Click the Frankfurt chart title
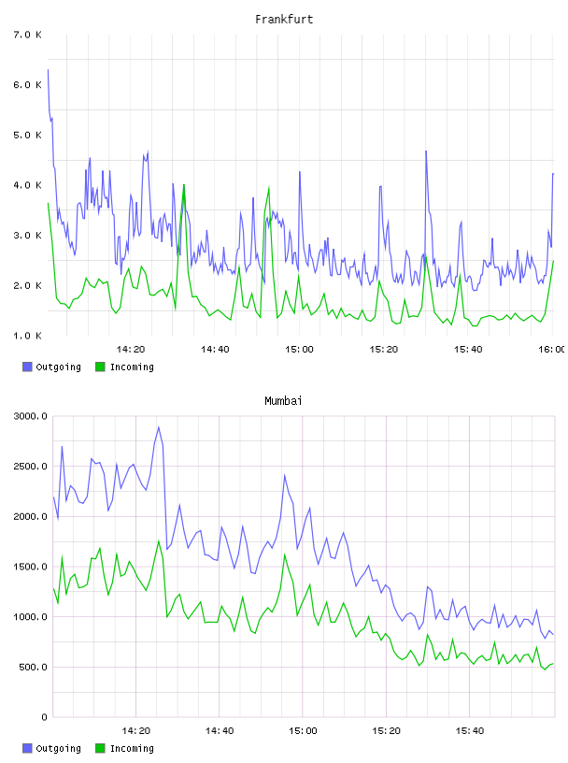coord(284,20)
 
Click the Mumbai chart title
coord(283,401)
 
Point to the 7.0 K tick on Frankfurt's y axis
coord(27,35)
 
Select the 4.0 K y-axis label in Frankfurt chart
coord(27,185)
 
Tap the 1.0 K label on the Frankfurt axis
coord(27,336)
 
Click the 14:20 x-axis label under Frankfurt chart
coord(131,349)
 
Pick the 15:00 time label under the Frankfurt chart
coord(299,349)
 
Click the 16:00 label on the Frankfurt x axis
coord(551,349)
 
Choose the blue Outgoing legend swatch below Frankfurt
coord(27,367)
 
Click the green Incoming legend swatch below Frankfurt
coord(100,367)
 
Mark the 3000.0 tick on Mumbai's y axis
coord(31,416)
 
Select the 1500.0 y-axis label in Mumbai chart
coord(31,567)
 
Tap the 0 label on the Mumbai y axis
coord(44,717)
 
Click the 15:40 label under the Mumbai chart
coord(470,730)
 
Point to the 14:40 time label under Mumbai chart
coord(220,730)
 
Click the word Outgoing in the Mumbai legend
coord(58,748)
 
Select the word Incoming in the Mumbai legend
coord(132,748)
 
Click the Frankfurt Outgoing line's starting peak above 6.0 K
coord(48,70)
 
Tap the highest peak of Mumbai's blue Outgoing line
coord(159,427)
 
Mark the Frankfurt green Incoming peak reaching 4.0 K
coord(184,185)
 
